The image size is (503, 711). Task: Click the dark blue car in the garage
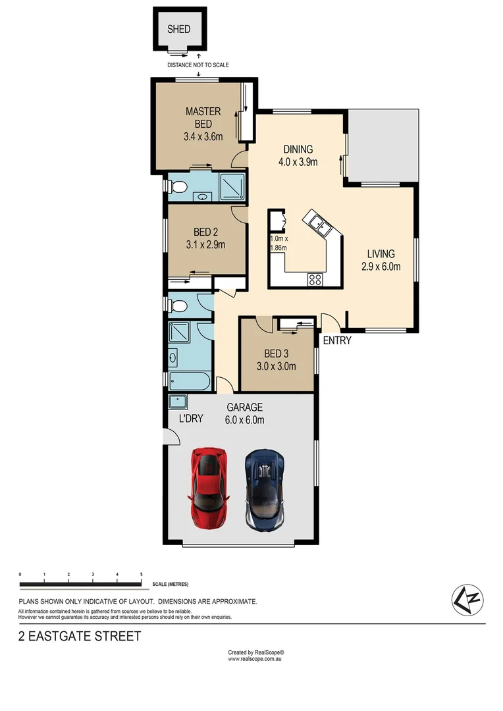point(265,490)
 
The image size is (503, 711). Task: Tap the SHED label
point(178,29)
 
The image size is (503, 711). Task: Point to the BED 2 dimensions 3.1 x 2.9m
point(206,245)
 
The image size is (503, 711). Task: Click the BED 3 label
point(276,354)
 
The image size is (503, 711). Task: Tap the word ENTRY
point(336,340)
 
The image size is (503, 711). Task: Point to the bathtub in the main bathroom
point(189,381)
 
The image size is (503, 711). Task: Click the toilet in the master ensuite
point(176,187)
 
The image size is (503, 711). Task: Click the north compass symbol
point(467,599)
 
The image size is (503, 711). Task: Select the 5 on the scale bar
point(142,575)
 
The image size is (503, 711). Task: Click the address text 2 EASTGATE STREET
point(80,636)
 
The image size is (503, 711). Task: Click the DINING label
point(298,149)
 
